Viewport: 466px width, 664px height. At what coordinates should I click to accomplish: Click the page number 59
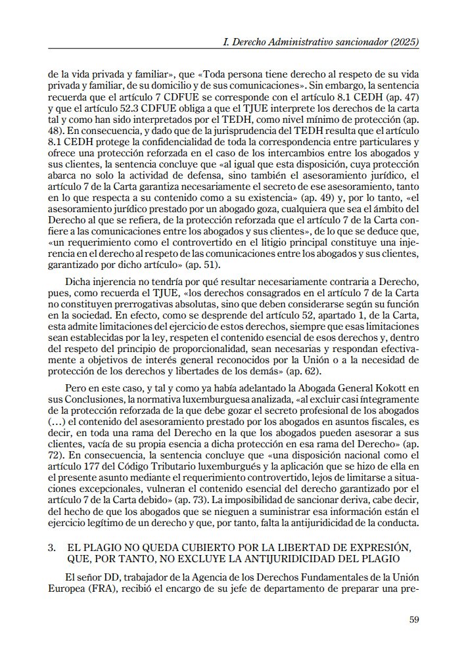(x=414, y=619)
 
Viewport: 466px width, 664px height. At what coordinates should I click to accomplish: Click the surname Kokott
(x=402, y=389)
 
